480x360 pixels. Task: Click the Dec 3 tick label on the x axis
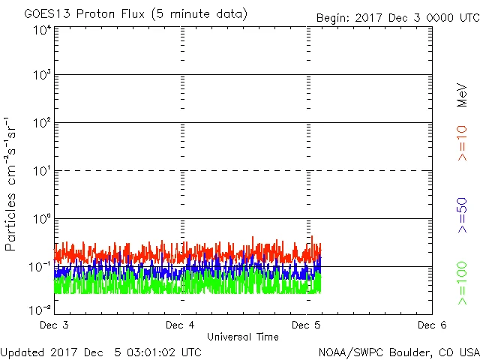coord(55,325)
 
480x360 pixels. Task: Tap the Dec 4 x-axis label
coord(180,325)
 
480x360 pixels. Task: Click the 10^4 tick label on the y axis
coord(40,30)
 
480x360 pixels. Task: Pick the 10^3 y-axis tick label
coord(40,76)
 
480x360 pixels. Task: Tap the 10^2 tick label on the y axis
coord(40,124)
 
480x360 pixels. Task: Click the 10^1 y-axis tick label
coord(40,172)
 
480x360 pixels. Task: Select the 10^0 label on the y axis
coord(40,220)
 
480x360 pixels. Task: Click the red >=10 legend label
coord(462,143)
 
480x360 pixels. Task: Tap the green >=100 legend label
coord(462,283)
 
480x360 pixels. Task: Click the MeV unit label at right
coord(462,94)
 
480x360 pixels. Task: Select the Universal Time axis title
coord(243,337)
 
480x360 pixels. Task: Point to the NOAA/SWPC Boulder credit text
coord(397,351)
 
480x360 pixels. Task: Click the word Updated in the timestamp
coord(22,351)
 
